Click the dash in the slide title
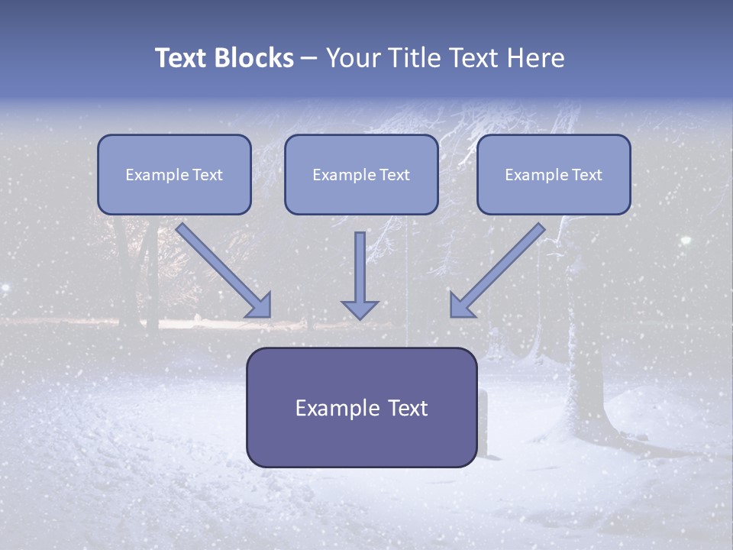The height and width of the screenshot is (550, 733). pos(309,59)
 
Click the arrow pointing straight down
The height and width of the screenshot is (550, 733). pos(360,275)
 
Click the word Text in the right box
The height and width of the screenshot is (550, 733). pos(586,175)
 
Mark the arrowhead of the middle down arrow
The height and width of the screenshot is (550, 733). pos(360,309)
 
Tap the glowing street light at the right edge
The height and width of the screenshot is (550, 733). pos(686,241)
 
